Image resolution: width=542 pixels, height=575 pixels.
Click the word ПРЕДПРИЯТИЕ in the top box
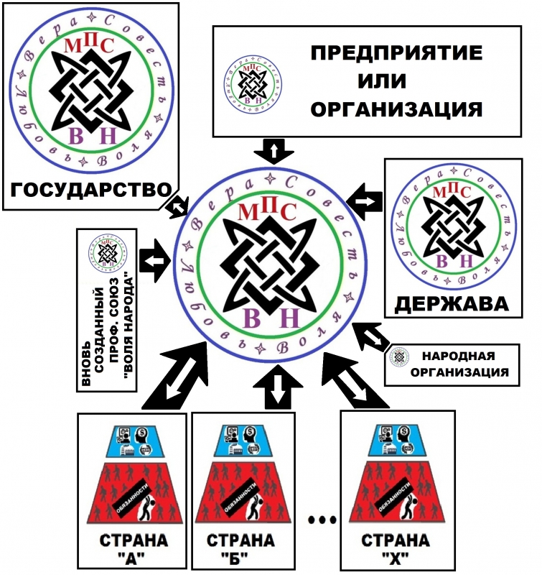tap(394, 55)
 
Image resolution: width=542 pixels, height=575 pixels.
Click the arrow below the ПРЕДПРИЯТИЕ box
tap(274, 152)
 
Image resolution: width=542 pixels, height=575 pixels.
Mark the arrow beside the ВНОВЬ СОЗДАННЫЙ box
tap(154, 259)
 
